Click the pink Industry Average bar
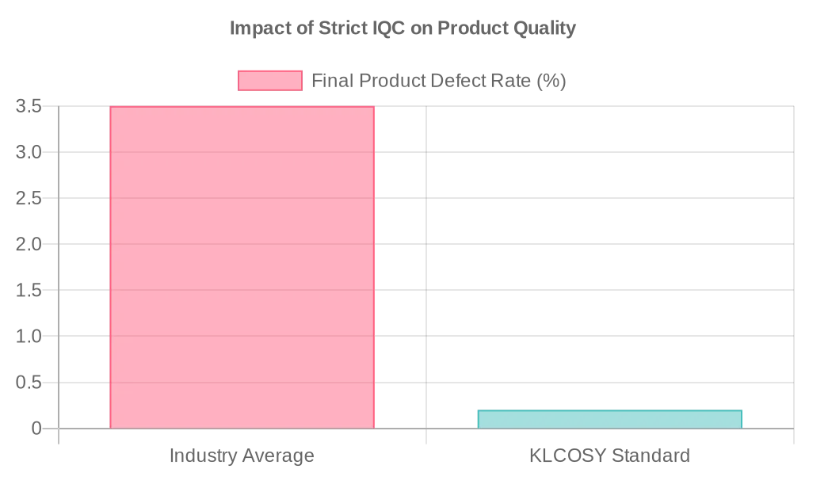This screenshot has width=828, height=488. point(242,267)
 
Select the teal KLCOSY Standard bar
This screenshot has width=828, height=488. point(609,419)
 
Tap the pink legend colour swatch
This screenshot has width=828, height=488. point(270,81)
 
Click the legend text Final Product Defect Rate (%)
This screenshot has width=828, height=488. point(438,81)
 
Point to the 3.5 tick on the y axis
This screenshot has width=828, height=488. point(29,106)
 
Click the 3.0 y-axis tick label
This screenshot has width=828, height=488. point(29,152)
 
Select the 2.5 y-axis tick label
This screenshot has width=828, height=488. point(29,198)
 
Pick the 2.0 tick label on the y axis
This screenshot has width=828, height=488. point(29,244)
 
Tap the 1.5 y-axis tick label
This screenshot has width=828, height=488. point(29,290)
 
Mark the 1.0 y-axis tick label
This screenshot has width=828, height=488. point(29,336)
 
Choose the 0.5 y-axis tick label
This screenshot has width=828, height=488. point(29,383)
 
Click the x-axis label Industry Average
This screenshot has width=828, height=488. point(242,456)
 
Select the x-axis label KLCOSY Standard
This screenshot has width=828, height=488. point(609,456)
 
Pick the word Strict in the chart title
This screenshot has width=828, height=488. point(342,29)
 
